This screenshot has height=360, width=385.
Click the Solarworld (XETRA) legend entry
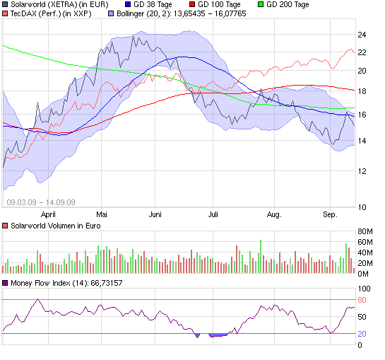(53, 4)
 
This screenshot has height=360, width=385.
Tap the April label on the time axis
(49, 213)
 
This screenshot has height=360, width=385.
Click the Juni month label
(156, 213)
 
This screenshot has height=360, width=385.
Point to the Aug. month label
(274, 213)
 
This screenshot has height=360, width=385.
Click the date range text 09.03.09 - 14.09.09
(41, 202)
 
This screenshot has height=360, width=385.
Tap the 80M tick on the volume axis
(366, 231)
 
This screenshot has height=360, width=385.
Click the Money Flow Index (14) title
(64, 283)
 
